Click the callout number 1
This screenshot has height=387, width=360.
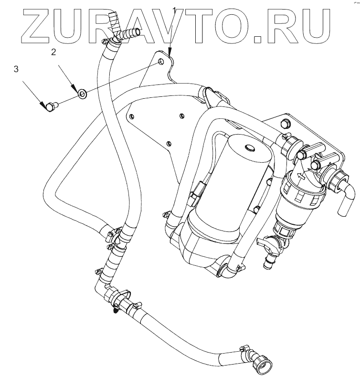click(x=175, y=10)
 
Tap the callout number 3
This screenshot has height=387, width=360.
click(x=16, y=69)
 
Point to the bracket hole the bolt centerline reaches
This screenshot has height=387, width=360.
click(x=161, y=62)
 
